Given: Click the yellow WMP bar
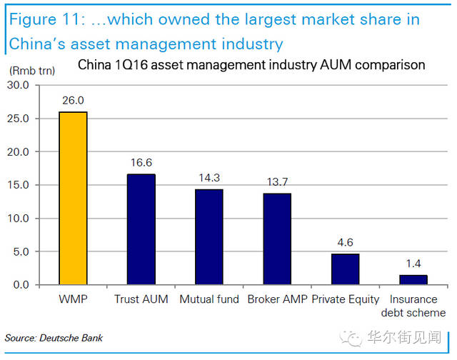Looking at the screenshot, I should click(73, 198).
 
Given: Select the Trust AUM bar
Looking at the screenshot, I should click(141, 229).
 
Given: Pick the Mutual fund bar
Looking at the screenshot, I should click(209, 237).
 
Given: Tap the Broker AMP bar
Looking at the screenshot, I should click(277, 239).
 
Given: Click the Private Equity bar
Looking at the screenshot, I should click(345, 269).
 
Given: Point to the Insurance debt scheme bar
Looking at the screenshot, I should click(413, 280).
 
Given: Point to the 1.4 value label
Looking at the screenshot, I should click(413, 265).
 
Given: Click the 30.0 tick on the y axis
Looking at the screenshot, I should click(29, 85).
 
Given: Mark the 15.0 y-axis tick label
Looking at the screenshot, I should click(29, 185).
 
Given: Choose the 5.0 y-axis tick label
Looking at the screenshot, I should click(31, 251).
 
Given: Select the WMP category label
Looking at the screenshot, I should click(73, 299).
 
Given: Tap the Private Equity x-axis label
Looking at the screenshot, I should click(346, 299).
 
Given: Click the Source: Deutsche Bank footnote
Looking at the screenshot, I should click(54, 337).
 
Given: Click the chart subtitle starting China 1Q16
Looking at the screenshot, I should click(251, 65).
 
